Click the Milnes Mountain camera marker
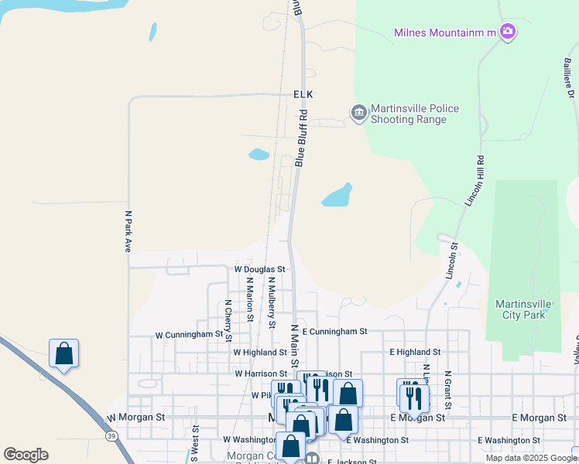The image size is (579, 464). coord(508,32)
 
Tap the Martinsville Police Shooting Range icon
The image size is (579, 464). coord(358,114)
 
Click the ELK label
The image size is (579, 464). coord(303,94)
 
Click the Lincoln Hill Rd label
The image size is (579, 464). coord(475,181)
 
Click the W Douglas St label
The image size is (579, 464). coord(260,269)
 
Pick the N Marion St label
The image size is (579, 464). coord(250,295)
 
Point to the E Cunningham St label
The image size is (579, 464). coord(334,331)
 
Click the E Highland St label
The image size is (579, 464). coord(415,352)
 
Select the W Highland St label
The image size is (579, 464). coord(260,352)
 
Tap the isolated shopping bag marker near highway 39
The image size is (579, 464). coord(63,354)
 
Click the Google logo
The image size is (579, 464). coord(26,455)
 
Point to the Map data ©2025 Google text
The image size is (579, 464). coord(531,458)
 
